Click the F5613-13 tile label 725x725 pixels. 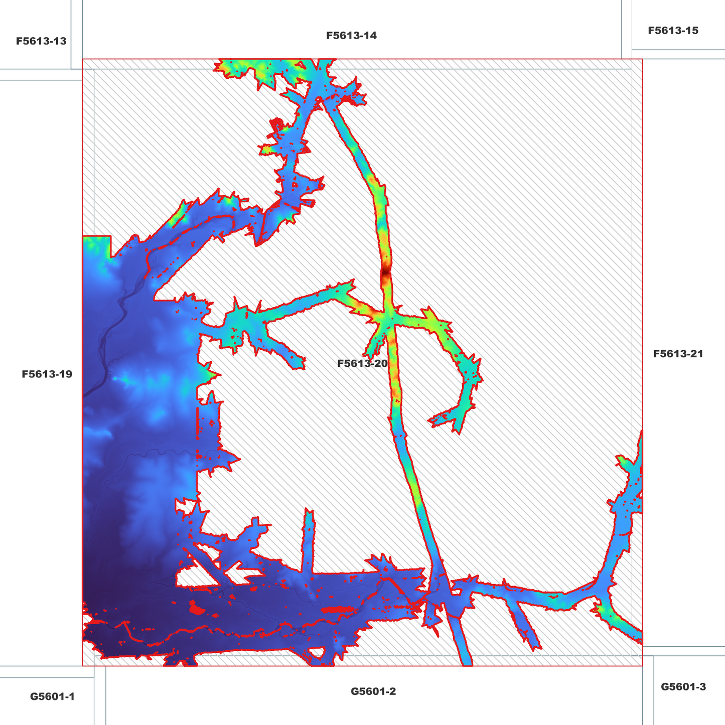(x=41, y=41)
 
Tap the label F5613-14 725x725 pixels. (x=351, y=36)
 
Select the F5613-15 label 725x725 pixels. (x=673, y=31)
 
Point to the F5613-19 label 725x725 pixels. (x=47, y=374)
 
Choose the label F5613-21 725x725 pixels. (x=678, y=354)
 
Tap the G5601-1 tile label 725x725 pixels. (x=52, y=696)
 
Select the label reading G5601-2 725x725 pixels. (x=373, y=691)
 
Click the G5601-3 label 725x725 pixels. (x=683, y=687)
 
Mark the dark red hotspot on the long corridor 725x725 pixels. (x=385, y=273)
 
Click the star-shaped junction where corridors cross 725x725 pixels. (x=388, y=319)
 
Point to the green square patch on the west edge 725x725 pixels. (x=95, y=245)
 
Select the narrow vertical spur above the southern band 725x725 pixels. (x=308, y=542)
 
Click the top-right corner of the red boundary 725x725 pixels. (x=642, y=59)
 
